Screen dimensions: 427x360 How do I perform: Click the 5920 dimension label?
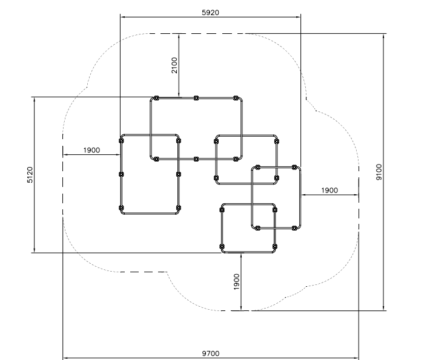210,13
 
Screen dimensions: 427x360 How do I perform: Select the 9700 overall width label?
211,353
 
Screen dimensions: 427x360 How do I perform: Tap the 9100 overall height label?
379,172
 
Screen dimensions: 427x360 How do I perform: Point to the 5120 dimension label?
30,175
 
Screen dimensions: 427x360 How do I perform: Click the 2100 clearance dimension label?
174,65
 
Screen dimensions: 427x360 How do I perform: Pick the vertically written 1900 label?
236,281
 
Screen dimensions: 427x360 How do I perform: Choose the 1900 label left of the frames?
91,150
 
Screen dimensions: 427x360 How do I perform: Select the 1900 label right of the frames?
329,191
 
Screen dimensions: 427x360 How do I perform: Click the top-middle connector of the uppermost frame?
196,98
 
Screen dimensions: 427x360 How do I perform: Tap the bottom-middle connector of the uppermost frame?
196,159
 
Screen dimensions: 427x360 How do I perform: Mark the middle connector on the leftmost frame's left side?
121,174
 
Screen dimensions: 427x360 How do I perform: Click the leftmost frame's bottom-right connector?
178,208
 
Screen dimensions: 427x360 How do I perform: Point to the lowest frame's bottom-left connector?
222,247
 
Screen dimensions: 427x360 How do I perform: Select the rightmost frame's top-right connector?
294,167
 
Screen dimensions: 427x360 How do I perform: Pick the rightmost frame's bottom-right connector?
294,228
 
